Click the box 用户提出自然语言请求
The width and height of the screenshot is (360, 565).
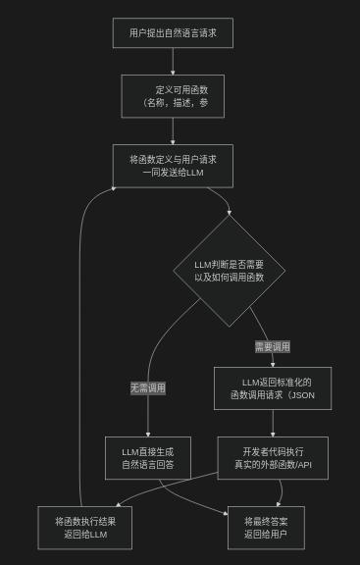click(x=173, y=33)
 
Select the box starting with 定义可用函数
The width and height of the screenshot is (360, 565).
click(x=173, y=96)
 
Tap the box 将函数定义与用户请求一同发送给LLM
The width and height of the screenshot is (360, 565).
click(x=173, y=166)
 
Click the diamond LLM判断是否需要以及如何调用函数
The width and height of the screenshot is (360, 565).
click(x=229, y=271)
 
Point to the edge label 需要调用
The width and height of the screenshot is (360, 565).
click(x=272, y=346)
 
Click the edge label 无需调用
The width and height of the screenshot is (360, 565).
click(x=148, y=387)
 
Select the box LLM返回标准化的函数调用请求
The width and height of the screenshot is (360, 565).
click(x=273, y=388)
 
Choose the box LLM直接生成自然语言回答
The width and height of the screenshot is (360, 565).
click(x=148, y=458)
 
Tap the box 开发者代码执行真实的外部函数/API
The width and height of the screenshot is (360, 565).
click(x=273, y=458)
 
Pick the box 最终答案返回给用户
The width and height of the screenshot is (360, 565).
click(x=273, y=528)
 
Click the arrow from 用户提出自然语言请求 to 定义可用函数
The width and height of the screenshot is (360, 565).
click(x=173, y=61)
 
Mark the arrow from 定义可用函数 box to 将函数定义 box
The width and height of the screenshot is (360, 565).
click(x=173, y=130)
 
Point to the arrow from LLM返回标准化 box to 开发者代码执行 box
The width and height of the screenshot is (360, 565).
click(x=273, y=423)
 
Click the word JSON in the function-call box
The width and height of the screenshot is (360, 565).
click(x=303, y=395)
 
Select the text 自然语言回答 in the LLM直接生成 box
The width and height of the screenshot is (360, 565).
click(x=148, y=465)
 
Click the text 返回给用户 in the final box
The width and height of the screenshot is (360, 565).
click(x=273, y=535)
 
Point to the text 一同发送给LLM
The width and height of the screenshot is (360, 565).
click(x=173, y=173)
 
